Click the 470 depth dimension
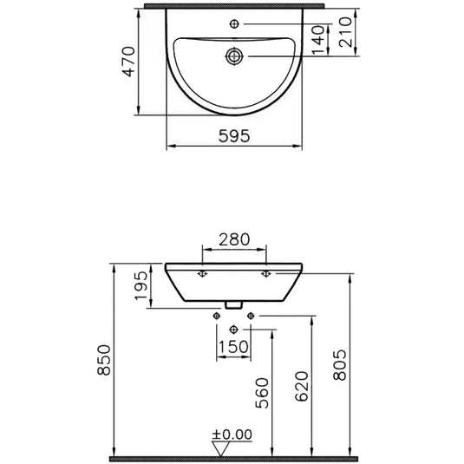point(129,62)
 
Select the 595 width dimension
point(234,135)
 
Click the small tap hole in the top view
point(234,20)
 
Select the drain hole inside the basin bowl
point(234,56)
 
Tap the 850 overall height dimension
point(105,360)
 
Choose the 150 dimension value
point(234,348)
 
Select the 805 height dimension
point(340,365)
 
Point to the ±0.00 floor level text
point(232,433)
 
